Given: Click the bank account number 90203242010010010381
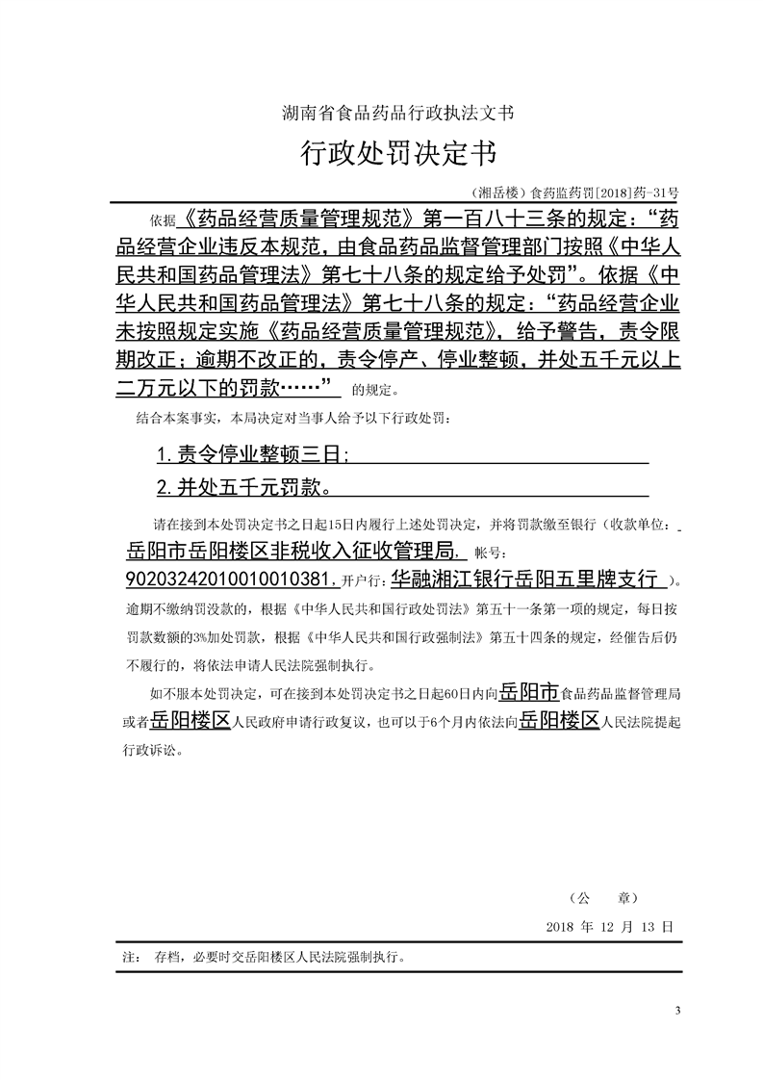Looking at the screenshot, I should pyautogui.click(x=231, y=580).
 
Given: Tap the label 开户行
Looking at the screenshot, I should pyautogui.click(x=362, y=582).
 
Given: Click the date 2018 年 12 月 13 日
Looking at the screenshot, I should pyautogui.click(x=608, y=925).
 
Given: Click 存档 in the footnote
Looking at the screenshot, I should pyautogui.click(x=165, y=959).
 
